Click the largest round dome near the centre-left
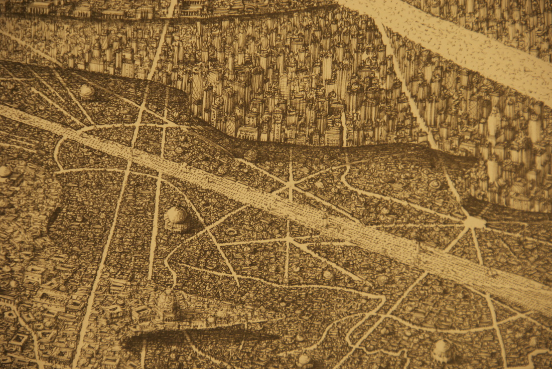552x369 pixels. coord(176,216)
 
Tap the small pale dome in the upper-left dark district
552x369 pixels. coord(87,91)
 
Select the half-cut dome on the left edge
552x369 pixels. coord(4,171)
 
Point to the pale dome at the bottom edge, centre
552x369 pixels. coord(304,359)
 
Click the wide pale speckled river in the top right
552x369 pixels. coord(467,45)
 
